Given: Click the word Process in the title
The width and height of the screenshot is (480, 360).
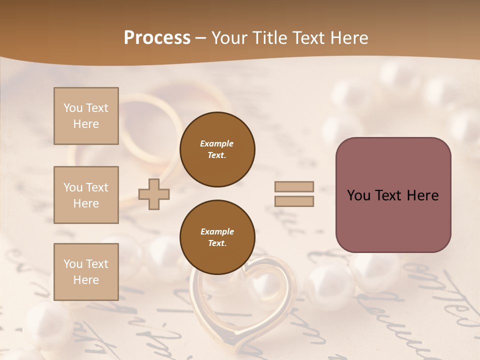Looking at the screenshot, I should pos(157,38).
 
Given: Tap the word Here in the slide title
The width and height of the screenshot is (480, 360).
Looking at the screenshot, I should pos(347,38).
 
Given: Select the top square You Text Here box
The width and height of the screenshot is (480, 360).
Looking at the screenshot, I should pos(86,116).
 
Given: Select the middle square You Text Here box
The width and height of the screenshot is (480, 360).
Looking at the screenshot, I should pos(86,195).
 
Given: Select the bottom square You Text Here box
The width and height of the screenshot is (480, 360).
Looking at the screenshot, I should pos(86,272).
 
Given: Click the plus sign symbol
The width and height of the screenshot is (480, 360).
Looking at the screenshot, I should pos(154,194).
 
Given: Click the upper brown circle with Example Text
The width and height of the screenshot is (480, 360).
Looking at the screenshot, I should pos(217,149).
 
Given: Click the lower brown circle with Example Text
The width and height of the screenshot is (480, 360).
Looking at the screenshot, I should pos(217,237).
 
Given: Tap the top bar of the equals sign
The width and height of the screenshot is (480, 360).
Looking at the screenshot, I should pos(294,186).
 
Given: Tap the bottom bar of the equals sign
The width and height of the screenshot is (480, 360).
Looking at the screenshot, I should pos(294,201).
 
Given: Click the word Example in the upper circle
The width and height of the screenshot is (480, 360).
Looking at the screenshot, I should pos(217,143).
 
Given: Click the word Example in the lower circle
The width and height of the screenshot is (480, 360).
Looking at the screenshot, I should pos(217,231).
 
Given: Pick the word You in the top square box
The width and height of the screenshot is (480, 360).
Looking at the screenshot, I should pos(72,108).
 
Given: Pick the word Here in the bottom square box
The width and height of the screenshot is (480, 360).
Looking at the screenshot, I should pos(86,280).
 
